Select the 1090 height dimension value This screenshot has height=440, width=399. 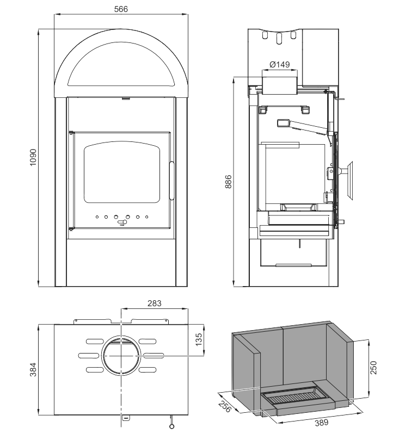(x=33, y=158)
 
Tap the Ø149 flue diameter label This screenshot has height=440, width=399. (x=280, y=64)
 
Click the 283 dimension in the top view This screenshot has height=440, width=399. (x=155, y=302)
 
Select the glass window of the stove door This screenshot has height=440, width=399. (x=122, y=172)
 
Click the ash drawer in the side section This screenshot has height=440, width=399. (x=294, y=253)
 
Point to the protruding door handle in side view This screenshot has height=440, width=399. (x=348, y=171)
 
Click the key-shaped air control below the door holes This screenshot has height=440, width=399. (x=122, y=222)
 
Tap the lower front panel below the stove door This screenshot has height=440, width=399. (x=122, y=261)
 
